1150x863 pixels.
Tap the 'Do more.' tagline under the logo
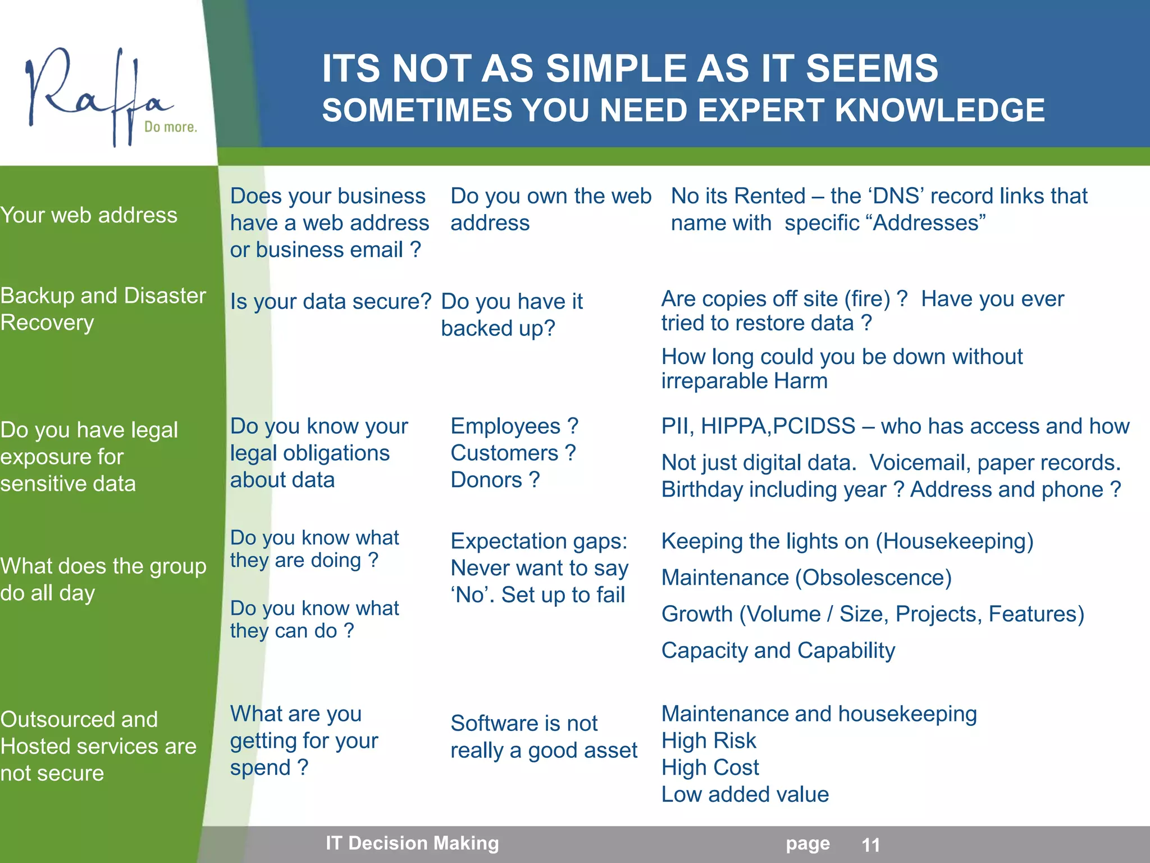171,127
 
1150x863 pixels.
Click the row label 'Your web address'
89,215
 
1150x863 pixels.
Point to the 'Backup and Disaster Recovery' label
103,309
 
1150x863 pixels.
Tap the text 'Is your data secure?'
330,302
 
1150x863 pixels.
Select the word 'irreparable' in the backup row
714,381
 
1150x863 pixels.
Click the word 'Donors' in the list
486,480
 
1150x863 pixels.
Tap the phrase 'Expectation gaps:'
539,542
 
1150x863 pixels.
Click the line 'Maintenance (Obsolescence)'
806,578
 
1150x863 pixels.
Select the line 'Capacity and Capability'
778,651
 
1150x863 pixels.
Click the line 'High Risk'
709,741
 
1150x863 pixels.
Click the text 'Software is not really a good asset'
543,737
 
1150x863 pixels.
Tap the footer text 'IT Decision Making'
412,843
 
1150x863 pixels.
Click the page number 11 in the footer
870,845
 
